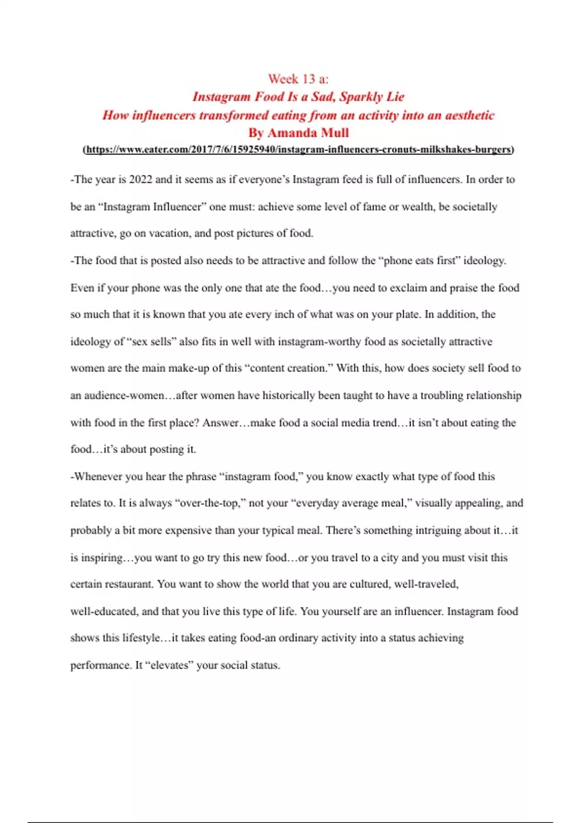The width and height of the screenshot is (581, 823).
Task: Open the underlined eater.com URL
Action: click(298, 150)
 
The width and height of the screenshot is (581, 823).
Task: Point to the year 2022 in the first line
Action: click(140, 180)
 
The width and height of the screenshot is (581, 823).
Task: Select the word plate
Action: click(407, 314)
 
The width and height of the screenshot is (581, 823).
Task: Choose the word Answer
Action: click(221, 423)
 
